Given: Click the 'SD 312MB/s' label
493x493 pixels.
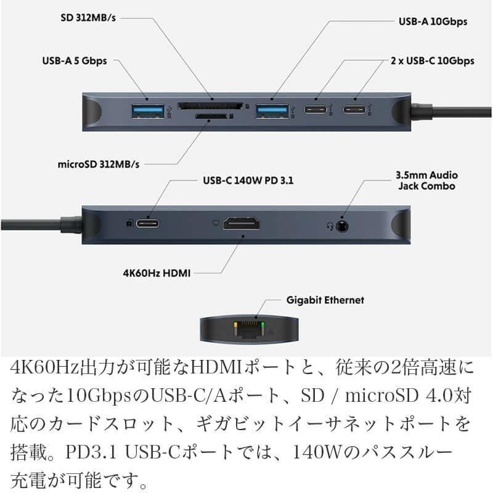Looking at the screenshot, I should (x=89, y=17).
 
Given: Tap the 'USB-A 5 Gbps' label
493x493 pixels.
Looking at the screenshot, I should (x=75, y=60).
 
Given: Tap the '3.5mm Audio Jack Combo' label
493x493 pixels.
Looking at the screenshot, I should (x=426, y=181).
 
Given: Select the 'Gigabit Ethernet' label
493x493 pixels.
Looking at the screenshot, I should (x=325, y=300).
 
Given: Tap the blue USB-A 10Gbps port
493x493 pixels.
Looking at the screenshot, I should (x=272, y=111).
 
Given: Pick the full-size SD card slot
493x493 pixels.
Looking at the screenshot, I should (x=210, y=106).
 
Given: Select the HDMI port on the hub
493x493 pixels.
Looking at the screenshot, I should (x=241, y=224).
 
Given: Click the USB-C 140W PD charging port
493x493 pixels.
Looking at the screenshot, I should (x=149, y=223).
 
